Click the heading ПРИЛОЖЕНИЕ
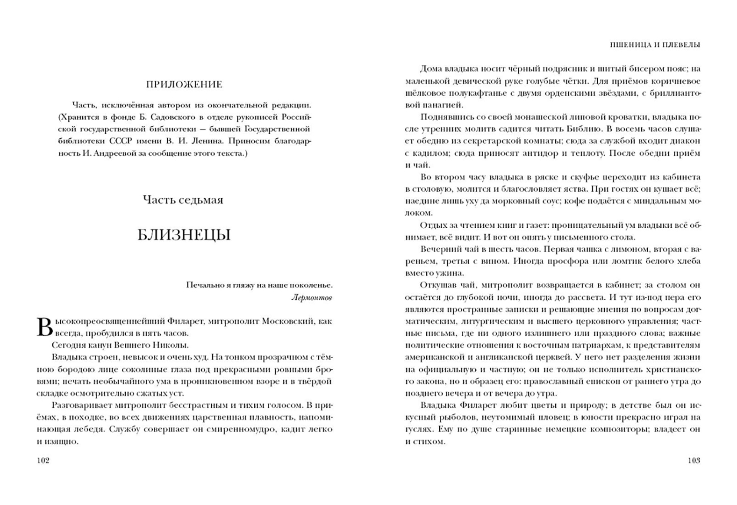[184, 85]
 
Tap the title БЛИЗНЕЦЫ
[184, 235]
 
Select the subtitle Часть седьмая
[183, 200]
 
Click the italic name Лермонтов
[311, 297]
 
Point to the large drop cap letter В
[44, 327]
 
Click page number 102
[43, 461]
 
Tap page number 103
[694, 461]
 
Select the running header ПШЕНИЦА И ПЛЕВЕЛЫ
[655, 45]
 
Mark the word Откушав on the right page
[437, 285]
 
